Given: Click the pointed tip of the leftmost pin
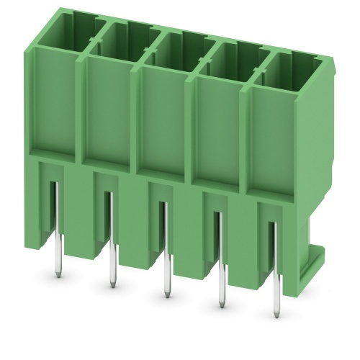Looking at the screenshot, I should (x=58, y=276).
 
